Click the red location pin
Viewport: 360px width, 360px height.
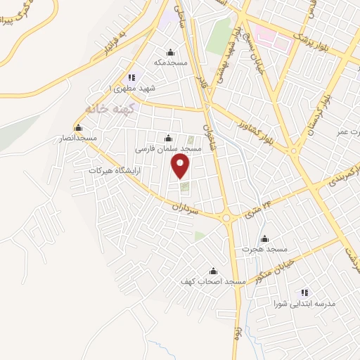pyautogui.click(x=181, y=167)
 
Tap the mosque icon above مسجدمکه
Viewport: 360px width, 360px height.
pyautogui.click(x=169, y=52)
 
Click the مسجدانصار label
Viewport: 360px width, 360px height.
pyautogui.click(x=78, y=139)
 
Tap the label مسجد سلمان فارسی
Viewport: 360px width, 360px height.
pyautogui.click(x=167, y=148)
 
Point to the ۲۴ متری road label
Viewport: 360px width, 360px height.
pyautogui.click(x=257, y=207)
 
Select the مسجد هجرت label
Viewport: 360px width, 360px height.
pyautogui.click(x=264, y=249)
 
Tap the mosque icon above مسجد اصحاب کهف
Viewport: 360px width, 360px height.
pyautogui.click(x=213, y=271)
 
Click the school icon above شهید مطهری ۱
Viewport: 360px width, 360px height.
pyautogui.click(x=131, y=77)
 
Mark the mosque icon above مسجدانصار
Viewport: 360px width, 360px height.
pyautogui.click(x=77, y=128)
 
